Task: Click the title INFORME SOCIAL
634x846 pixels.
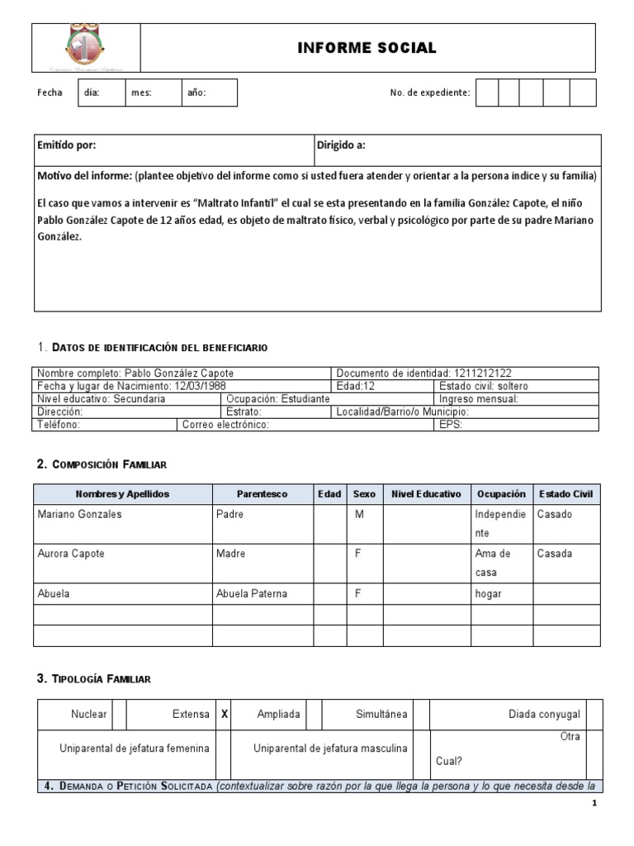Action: pos(367,49)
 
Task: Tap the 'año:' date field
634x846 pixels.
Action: pos(209,93)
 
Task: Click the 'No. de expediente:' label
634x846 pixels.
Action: pos(429,93)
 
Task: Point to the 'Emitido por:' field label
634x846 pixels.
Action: pos(67,145)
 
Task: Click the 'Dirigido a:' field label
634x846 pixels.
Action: pos(341,145)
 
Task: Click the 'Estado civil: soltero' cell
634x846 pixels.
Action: pos(484,386)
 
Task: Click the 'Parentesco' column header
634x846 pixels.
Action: pos(262,494)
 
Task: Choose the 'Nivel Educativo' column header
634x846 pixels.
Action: pos(426,494)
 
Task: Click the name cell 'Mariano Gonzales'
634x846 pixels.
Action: pos(80,514)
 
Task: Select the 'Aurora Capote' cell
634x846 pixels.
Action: pos(71,554)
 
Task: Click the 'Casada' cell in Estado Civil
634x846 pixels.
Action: pos(554,554)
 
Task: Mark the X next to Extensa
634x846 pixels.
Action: pos(224,714)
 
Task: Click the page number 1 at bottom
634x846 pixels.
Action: pos(594,803)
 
